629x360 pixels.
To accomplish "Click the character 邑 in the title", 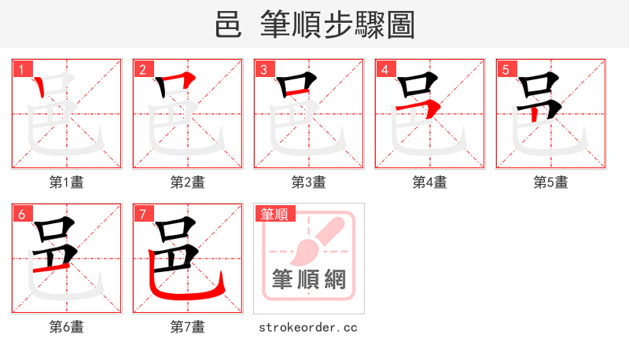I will tap(228, 25).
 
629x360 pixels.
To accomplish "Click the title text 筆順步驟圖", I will tap(338, 25).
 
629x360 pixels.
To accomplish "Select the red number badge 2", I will tap(142, 69).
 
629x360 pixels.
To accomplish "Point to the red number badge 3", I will tap(263, 69).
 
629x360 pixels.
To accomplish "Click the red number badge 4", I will tap(384, 69).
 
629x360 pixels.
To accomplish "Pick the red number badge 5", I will tap(506, 69).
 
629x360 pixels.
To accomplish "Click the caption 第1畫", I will tap(67, 182).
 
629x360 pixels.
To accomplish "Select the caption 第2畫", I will tap(188, 182).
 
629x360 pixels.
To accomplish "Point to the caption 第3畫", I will tap(309, 182).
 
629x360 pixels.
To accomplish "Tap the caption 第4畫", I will tap(430, 182).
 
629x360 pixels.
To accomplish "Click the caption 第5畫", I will tap(551, 182).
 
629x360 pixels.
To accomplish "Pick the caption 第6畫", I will tap(67, 327).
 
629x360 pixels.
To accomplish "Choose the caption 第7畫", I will tap(188, 327).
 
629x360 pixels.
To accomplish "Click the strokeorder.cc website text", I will tap(308, 327).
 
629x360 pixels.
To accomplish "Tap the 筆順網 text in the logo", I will tap(308, 279).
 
